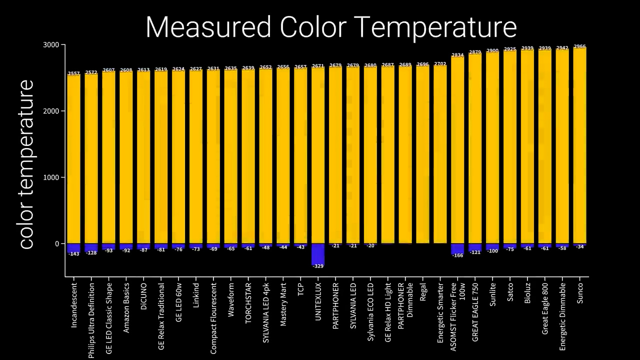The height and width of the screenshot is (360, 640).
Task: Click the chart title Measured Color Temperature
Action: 331,27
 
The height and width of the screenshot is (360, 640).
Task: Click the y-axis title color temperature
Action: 26,164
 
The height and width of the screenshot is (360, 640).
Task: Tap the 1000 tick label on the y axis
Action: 52,177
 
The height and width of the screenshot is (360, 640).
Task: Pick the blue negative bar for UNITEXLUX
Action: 318,254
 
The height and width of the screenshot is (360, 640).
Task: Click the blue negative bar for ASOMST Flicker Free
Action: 457,248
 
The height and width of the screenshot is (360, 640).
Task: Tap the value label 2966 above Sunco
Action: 579,46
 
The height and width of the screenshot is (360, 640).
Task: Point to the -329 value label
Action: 318,266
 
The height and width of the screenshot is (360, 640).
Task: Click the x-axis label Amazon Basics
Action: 126,307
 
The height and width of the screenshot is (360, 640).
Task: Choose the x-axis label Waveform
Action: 231,300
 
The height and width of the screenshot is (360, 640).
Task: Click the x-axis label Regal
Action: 423,292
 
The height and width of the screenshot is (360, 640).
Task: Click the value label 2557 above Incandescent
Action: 74,73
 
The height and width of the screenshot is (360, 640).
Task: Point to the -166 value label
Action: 457,255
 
